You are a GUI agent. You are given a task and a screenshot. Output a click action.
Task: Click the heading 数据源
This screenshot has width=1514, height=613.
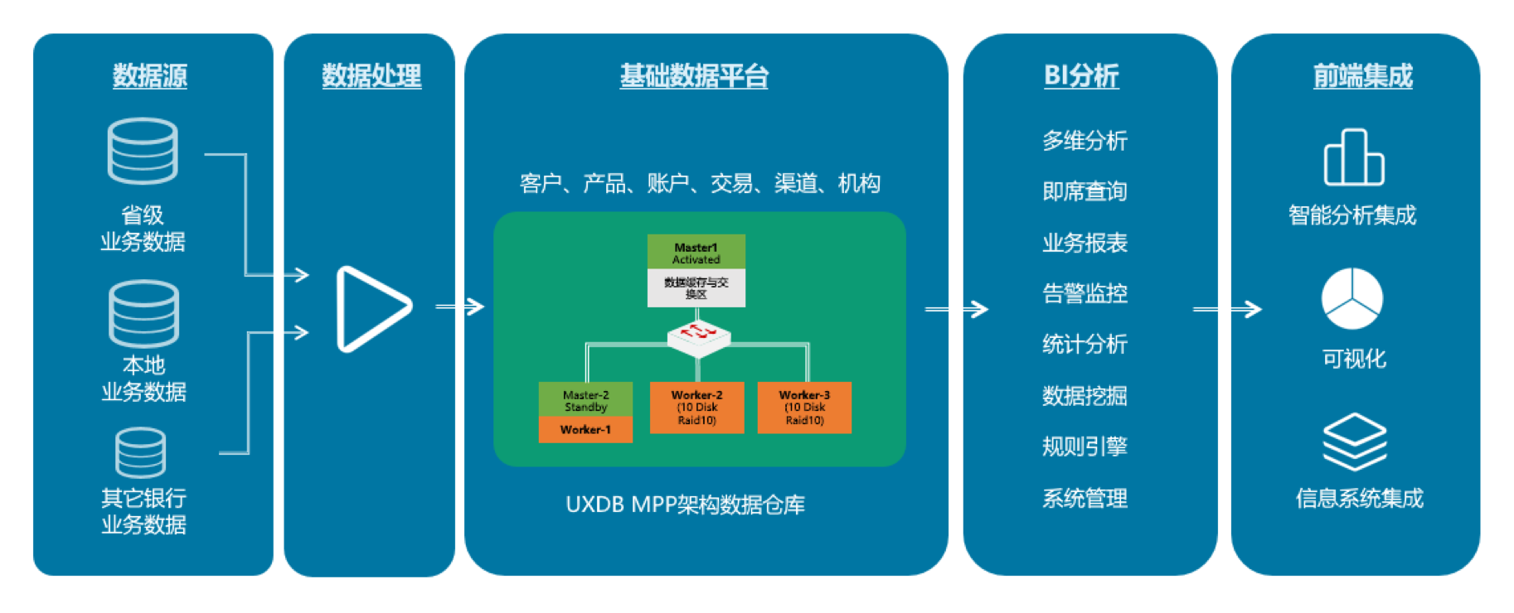pyautogui.click(x=150, y=76)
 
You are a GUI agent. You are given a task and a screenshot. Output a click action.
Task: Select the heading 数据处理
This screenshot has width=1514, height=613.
pyautogui.click(x=371, y=76)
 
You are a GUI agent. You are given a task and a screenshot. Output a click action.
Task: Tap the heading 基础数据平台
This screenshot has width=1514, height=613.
pyautogui.click(x=694, y=76)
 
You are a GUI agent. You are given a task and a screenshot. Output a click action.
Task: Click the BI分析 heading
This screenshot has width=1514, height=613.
pyautogui.click(x=1081, y=76)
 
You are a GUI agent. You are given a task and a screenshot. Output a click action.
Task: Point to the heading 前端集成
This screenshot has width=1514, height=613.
pyautogui.click(x=1362, y=76)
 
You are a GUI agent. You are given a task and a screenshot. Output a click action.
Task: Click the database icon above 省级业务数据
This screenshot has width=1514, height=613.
pyautogui.click(x=143, y=151)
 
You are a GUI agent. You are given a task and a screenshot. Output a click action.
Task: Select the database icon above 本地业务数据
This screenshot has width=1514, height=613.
pyautogui.click(x=143, y=313)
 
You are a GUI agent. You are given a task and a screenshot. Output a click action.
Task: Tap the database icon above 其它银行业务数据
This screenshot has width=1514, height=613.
pyautogui.click(x=141, y=452)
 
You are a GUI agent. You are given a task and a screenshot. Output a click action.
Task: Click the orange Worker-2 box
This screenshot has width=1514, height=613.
pyautogui.click(x=696, y=408)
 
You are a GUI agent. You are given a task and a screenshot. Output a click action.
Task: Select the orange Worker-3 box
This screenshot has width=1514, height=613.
pyautogui.click(x=804, y=408)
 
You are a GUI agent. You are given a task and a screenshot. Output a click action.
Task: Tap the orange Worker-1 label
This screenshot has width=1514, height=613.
pyautogui.click(x=585, y=430)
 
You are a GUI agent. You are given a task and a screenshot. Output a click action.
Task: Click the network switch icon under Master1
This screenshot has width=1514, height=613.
pyautogui.click(x=698, y=335)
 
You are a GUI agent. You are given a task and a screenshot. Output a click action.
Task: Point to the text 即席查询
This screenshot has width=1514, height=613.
pyautogui.click(x=1085, y=192)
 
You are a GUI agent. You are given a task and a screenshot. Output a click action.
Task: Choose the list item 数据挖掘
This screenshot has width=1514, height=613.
pyautogui.click(x=1085, y=396)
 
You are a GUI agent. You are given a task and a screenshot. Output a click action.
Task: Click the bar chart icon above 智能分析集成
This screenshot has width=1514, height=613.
pyautogui.click(x=1353, y=157)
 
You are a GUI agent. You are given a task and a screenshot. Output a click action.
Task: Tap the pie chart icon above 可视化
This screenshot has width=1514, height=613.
pyautogui.click(x=1352, y=298)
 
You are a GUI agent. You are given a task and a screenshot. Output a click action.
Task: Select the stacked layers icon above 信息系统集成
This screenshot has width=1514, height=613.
pyautogui.click(x=1354, y=442)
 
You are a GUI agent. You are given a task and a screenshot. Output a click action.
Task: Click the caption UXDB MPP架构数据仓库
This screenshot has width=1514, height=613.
pyautogui.click(x=685, y=504)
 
